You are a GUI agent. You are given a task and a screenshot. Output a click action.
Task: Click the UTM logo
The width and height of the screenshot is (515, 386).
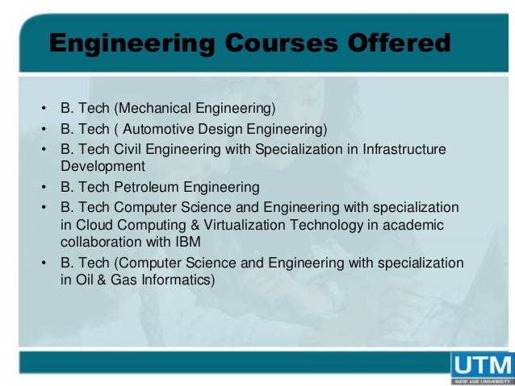[x=482, y=367]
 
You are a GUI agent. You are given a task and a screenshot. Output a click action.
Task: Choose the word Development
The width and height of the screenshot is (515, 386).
[x=103, y=167]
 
